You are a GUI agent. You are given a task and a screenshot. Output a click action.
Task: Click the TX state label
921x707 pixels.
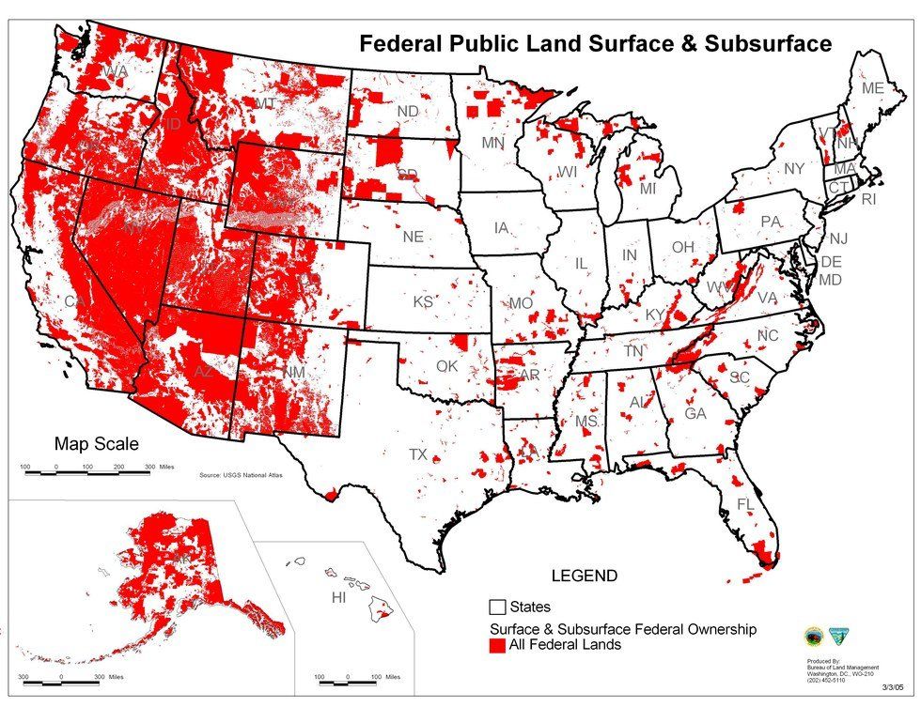coord(418,454)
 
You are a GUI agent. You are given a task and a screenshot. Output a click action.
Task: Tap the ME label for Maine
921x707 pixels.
coord(873,88)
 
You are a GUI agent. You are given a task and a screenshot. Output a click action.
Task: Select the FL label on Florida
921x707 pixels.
coord(745,504)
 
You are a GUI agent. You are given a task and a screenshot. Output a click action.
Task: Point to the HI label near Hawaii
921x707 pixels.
coord(340,598)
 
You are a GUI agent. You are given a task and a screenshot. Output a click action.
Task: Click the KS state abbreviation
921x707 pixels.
coord(423,302)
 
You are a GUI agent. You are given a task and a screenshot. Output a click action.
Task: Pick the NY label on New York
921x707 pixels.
coord(794,169)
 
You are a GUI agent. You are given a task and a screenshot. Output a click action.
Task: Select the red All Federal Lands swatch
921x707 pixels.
coord(497,646)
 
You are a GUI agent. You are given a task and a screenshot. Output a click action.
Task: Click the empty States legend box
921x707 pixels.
coord(497,607)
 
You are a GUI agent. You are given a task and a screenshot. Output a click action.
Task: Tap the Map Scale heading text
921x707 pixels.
coord(95,444)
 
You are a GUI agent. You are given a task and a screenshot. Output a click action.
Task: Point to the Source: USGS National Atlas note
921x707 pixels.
coord(242,476)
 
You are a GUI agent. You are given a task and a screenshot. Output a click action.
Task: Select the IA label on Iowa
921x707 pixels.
coord(501,228)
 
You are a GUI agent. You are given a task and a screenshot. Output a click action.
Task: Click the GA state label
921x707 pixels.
coord(695,414)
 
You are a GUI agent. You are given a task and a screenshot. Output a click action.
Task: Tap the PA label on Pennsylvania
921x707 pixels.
coord(771,223)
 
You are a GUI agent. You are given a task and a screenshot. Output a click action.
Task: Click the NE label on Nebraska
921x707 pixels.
coord(413,238)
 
